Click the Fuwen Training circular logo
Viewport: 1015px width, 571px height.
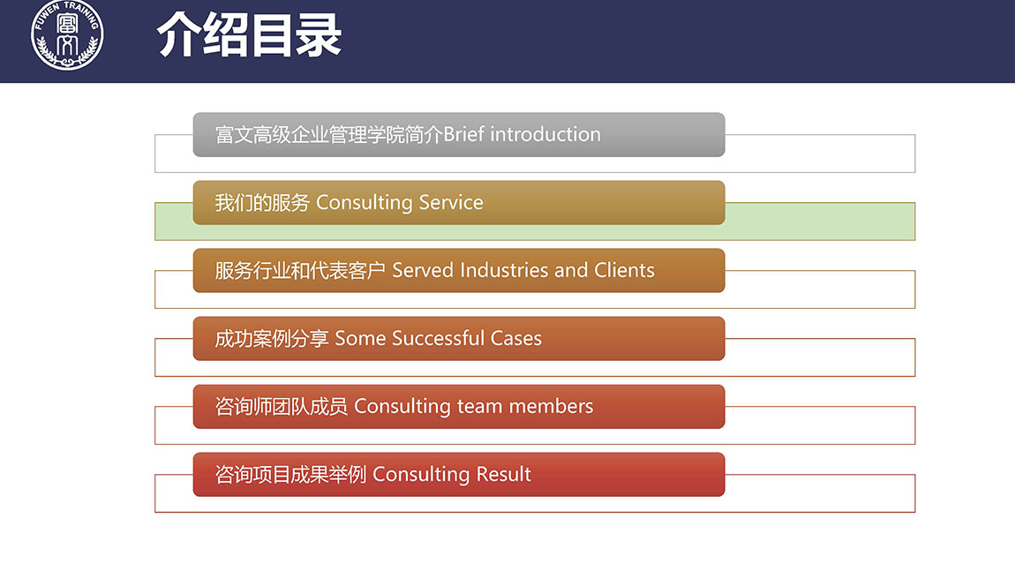[67, 35]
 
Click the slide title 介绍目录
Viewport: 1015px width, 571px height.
[249, 35]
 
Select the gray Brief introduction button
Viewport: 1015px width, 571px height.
[459, 135]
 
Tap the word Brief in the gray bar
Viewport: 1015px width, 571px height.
[464, 134]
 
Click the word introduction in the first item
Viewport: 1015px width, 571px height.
[545, 134]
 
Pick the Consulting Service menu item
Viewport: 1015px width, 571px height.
[459, 203]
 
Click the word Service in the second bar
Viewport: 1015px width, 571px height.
[451, 203]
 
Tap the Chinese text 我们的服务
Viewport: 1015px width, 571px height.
[262, 203]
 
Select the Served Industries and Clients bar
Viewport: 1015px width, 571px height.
[459, 271]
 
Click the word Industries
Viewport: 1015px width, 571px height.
[504, 270]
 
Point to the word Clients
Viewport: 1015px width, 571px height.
[624, 270]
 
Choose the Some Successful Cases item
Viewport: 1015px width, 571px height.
[459, 339]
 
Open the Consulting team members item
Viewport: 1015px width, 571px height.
[459, 407]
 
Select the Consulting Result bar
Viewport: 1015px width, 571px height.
[459, 475]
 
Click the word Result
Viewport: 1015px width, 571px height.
[504, 474]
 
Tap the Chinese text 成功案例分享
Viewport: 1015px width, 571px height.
[272, 338]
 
